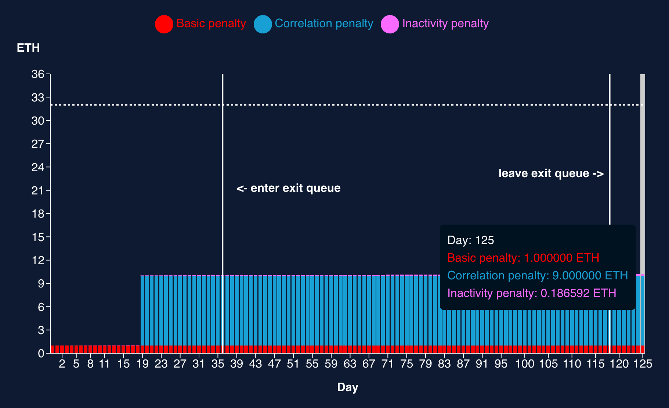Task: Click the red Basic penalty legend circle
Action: [x=164, y=24]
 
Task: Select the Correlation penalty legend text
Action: [x=323, y=24]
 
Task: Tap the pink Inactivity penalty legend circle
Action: [x=390, y=24]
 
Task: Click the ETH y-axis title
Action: [x=28, y=48]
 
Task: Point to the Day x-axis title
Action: [x=347, y=387]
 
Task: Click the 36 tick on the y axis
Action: [x=37, y=74]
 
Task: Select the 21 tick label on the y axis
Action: [x=37, y=190]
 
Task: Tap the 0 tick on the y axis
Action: [x=41, y=353]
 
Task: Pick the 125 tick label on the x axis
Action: [x=643, y=364]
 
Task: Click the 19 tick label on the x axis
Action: [x=142, y=364]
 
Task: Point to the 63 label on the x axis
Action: [x=350, y=364]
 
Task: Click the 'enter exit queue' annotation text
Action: [x=289, y=188]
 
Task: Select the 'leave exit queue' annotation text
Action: [x=551, y=173]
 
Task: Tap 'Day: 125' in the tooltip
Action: [x=470, y=240]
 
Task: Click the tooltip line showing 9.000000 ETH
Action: [x=537, y=276]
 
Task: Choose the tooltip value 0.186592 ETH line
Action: [x=531, y=293]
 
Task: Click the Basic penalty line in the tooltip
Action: [x=523, y=258]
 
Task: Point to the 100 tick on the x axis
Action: [x=524, y=364]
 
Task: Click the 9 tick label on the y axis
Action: [x=41, y=283]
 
